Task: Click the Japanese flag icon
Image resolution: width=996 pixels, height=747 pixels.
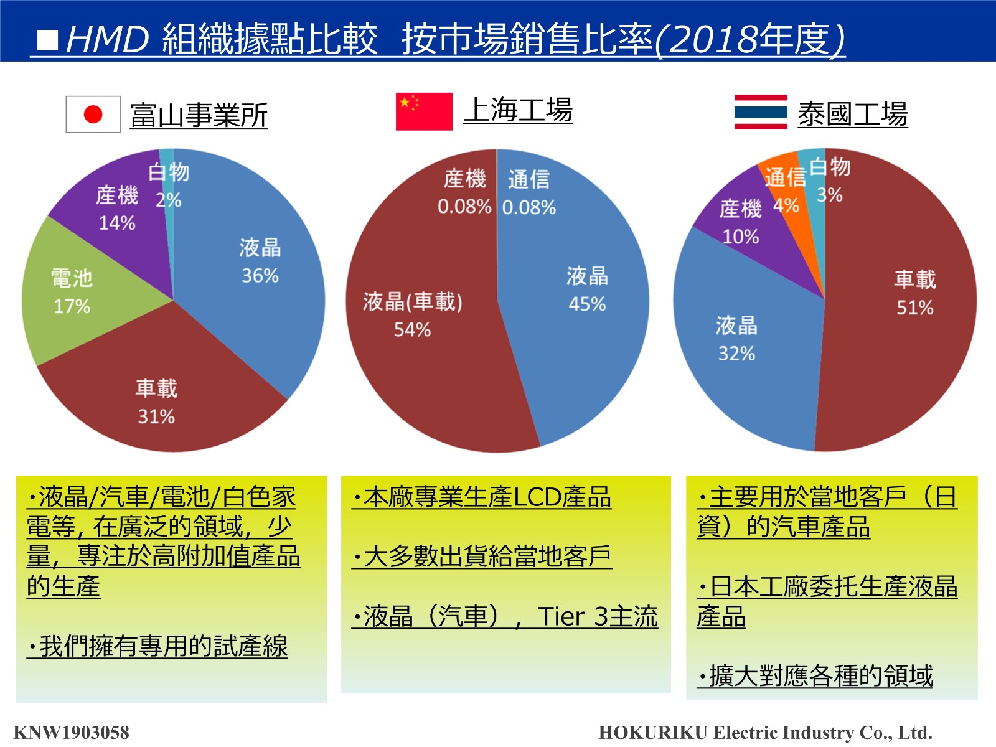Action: (93, 115)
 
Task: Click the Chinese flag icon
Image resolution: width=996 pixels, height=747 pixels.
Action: (424, 111)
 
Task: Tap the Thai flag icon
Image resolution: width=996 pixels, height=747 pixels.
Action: (761, 112)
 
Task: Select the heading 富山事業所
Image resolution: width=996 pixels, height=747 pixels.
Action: (199, 115)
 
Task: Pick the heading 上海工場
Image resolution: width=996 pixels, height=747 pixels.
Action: (518, 110)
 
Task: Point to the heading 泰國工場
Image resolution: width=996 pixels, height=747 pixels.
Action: (853, 115)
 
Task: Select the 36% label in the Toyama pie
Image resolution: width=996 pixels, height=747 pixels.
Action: (260, 276)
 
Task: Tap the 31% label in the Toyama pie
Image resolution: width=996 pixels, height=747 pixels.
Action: (156, 416)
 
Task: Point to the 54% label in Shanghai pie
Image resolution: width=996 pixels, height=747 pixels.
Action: (412, 330)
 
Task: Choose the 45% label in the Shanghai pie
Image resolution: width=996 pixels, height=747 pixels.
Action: (587, 304)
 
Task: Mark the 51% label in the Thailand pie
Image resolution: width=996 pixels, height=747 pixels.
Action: (914, 308)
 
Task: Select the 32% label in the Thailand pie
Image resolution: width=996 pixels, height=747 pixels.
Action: (736, 354)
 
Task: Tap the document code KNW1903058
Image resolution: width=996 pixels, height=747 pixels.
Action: (72, 733)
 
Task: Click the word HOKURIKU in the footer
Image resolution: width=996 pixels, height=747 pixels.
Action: (653, 733)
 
